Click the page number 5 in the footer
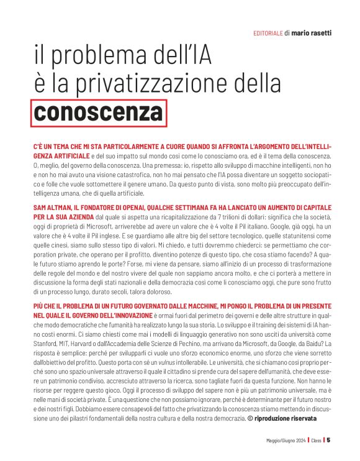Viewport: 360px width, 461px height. (x=328, y=440)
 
